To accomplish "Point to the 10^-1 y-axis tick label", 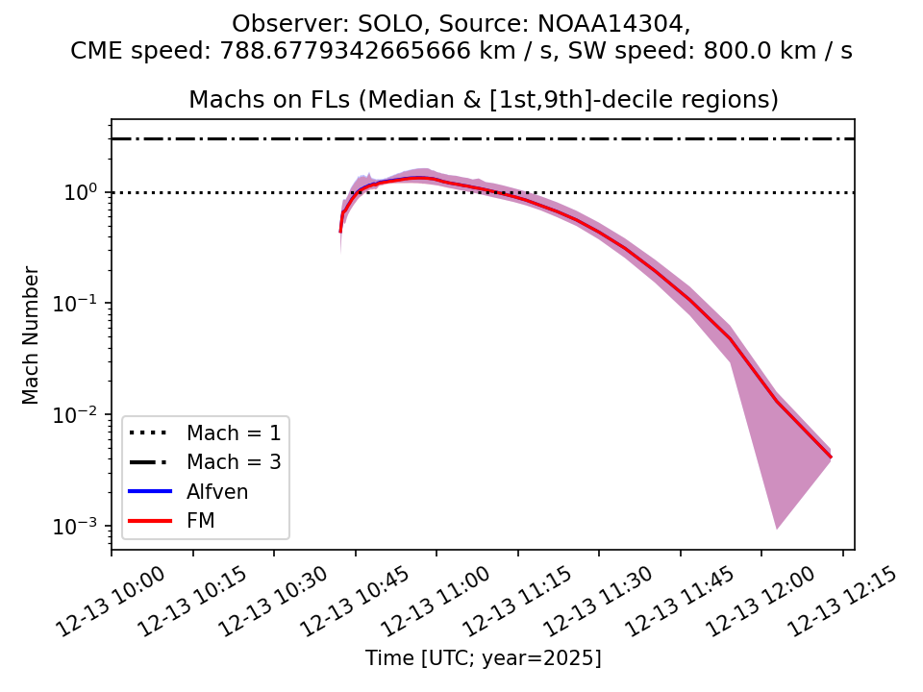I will pos(82,302).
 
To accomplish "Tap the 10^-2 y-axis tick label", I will pos(82,413).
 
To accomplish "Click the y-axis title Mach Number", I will pos(32,334).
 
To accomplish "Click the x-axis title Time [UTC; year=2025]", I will pos(483,658).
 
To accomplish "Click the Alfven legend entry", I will pos(217,492).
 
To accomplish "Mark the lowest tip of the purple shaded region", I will pos(777,529).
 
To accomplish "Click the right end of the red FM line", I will pos(831,457).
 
